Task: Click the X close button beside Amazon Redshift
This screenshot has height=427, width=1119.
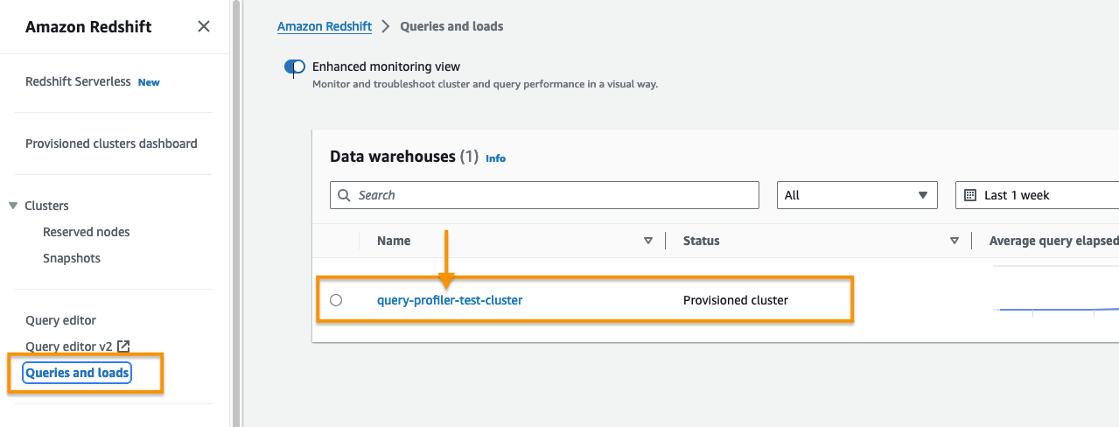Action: point(204,26)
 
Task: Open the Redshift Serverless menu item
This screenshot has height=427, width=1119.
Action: point(78,81)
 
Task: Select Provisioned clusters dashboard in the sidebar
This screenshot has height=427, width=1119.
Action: point(111,143)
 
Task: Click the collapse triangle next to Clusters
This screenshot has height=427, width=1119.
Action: point(13,206)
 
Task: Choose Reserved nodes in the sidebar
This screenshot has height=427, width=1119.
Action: point(86,232)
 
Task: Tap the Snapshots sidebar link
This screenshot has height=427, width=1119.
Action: point(72,258)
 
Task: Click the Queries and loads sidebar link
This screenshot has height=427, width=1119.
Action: point(77,373)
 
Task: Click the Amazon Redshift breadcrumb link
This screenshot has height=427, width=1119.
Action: point(325,26)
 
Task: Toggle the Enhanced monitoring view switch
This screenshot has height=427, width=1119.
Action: point(295,66)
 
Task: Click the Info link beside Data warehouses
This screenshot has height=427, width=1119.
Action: point(495,158)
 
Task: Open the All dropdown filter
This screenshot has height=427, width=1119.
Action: point(857,195)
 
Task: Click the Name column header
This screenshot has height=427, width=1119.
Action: point(394,241)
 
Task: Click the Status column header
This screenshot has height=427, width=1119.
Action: point(701,241)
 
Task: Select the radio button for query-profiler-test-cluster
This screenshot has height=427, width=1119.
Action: point(336,300)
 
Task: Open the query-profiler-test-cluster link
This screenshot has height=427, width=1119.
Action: point(450,300)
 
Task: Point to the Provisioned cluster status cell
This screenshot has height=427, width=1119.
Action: point(735,300)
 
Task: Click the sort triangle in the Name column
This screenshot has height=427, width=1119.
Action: point(648,241)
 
